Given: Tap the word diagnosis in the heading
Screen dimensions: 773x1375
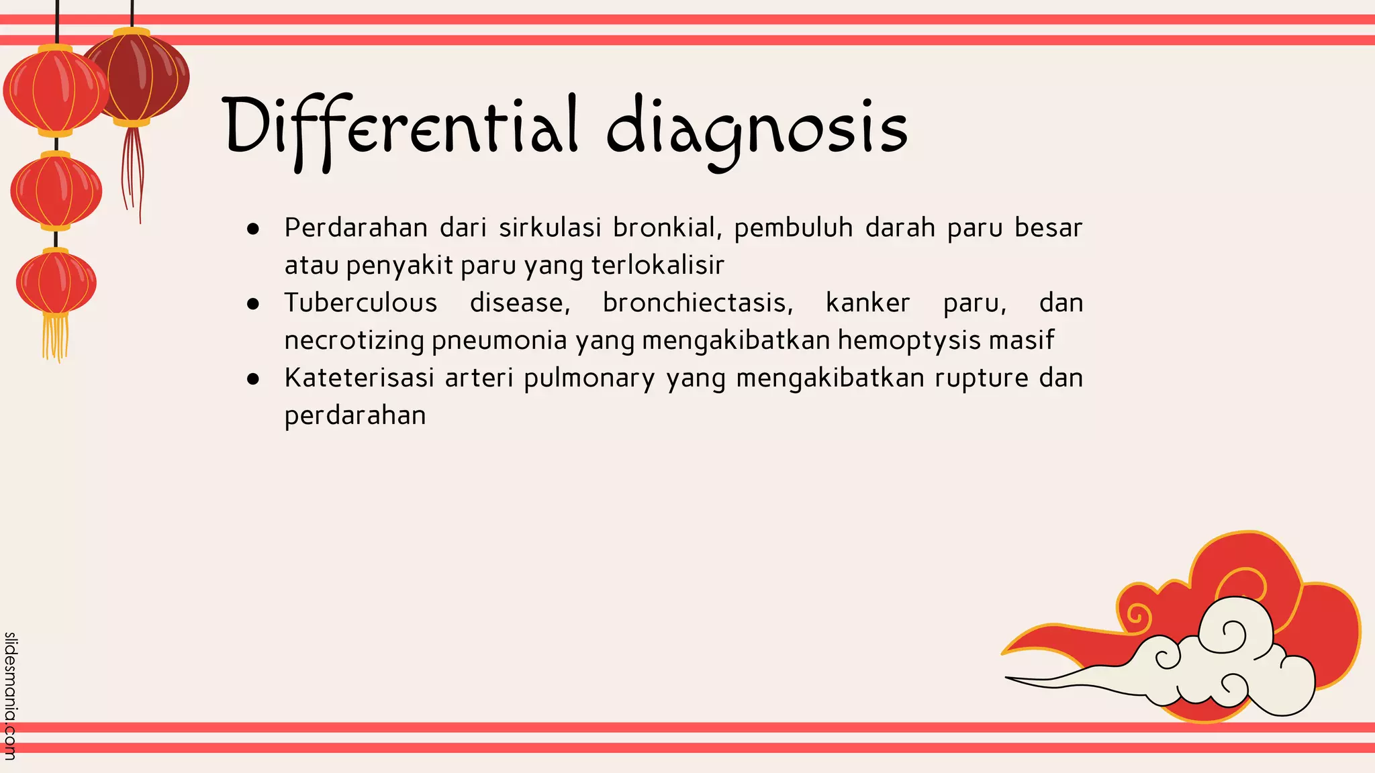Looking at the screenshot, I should (757, 131).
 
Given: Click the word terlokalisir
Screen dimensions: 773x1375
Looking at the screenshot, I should (657, 266).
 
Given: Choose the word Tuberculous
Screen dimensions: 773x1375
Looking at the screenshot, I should (361, 303).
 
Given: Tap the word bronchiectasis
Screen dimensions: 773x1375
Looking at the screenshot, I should (698, 303).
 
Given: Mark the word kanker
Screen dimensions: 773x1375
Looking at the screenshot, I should (867, 303).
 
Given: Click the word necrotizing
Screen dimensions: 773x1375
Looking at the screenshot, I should (354, 341).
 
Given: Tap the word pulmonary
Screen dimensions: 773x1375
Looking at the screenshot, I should (589, 378).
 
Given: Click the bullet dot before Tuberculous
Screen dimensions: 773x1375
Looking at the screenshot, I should (253, 304).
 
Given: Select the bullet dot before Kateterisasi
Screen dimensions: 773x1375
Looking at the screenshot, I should (253, 379).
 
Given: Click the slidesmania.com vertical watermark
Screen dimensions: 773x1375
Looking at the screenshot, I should (10, 695).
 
